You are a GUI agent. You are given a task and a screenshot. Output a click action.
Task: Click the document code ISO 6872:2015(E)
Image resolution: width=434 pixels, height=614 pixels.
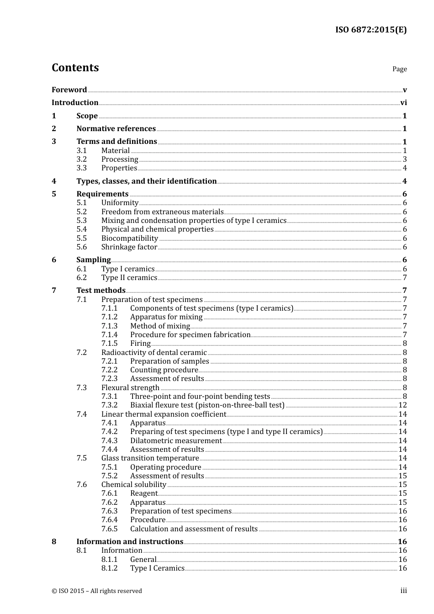pos(370,30)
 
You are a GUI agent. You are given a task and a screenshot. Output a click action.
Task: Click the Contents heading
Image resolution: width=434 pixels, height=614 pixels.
pos(75,68)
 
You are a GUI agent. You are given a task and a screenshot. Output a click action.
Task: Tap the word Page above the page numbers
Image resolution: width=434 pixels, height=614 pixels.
pos(399,69)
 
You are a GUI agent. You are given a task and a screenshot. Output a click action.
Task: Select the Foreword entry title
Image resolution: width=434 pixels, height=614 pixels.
pos(69,90)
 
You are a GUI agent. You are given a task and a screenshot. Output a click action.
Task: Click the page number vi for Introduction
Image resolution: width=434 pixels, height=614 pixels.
pos(403,103)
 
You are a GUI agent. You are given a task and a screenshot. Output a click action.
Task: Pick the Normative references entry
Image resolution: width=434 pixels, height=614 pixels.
pos(116,129)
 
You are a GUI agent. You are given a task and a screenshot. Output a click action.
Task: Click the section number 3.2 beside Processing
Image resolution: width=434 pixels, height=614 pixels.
pos(81,159)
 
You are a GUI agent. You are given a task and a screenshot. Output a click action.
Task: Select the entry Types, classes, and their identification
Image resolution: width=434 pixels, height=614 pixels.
pos(146,181)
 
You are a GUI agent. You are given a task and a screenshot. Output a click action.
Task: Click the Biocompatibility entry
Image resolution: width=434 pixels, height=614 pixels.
pos(129,238)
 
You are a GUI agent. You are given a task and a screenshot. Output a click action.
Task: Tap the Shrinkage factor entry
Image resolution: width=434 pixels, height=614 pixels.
pos(129,247)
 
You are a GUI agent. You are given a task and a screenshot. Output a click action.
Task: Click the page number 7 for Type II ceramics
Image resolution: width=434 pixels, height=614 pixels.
pos(405,278)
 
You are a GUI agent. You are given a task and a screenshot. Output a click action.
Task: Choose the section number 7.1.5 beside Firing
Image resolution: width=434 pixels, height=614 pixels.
pos(109,344)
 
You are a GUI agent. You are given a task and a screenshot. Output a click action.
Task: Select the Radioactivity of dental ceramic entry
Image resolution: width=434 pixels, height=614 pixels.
pos(154,353)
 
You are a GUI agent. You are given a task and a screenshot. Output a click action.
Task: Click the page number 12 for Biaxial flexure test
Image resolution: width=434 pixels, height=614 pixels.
pos(402,405)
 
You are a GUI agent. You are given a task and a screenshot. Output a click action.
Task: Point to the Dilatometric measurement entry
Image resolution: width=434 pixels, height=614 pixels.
pos(176,441)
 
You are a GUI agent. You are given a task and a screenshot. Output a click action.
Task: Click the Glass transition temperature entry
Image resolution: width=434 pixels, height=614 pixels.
pos(150,458)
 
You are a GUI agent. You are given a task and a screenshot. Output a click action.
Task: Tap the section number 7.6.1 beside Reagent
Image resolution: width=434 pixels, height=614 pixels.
pos(109,493)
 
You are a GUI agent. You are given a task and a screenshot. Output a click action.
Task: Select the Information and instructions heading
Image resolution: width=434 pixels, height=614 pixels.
pos(130,542)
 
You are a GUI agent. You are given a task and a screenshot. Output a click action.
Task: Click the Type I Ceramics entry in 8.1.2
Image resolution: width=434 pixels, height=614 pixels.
pos(157,568)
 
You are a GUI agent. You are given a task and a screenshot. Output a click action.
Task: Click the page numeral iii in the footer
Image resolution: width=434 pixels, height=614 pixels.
pos(403,591)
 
